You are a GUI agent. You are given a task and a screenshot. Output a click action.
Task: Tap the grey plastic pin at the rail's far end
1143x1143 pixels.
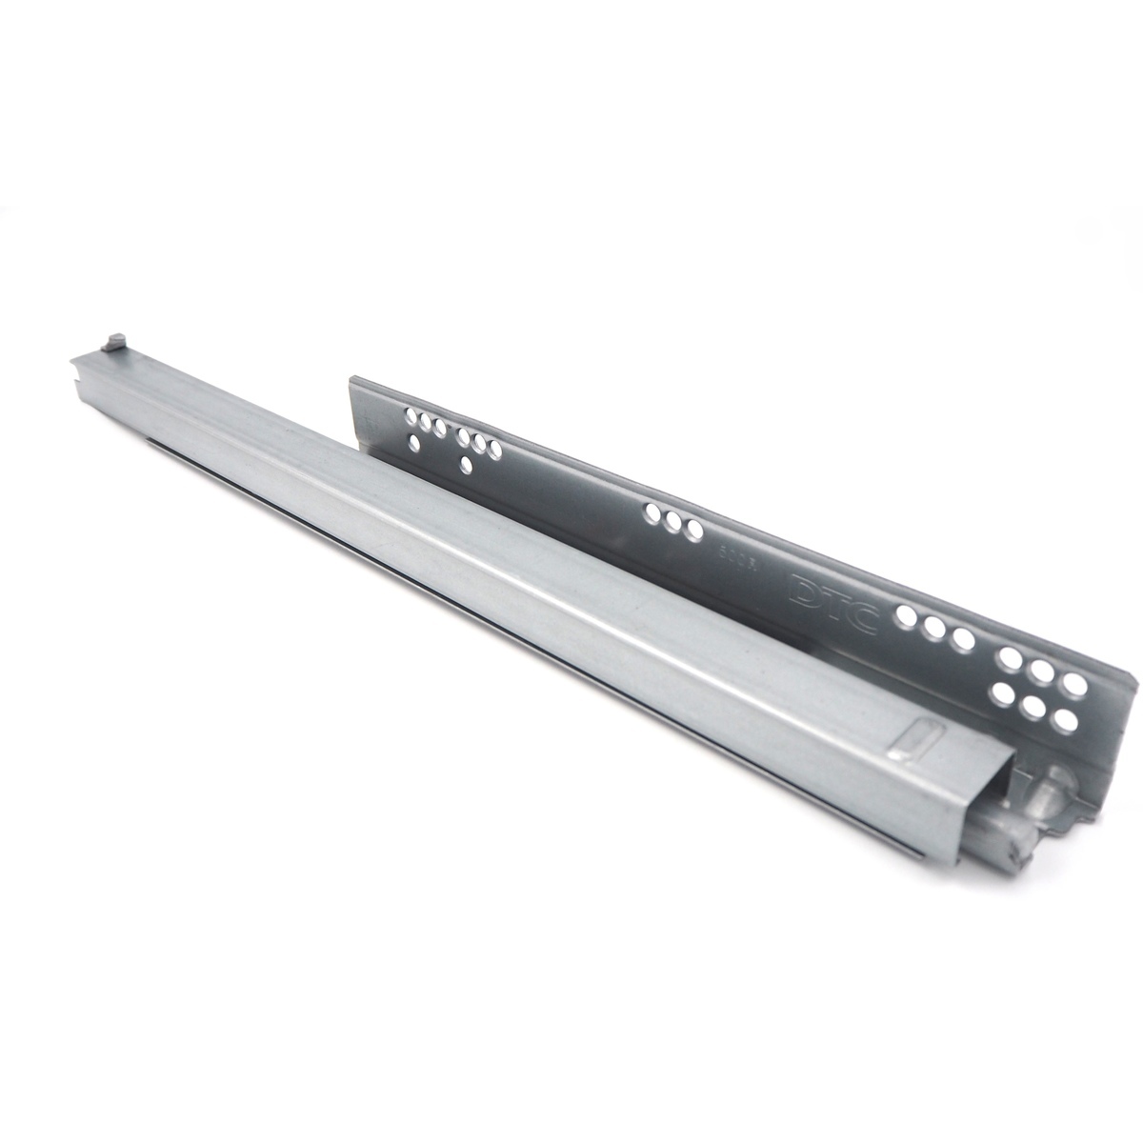(116, 340)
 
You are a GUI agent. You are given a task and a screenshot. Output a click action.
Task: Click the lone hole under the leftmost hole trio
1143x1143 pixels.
(415, 443)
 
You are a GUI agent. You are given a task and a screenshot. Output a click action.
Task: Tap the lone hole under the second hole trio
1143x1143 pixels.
(465, 464)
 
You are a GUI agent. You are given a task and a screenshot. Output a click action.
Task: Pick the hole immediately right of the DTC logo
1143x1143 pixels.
(906, 616)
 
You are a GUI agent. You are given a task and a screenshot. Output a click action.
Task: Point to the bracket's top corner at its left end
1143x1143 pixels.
(351, 377)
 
